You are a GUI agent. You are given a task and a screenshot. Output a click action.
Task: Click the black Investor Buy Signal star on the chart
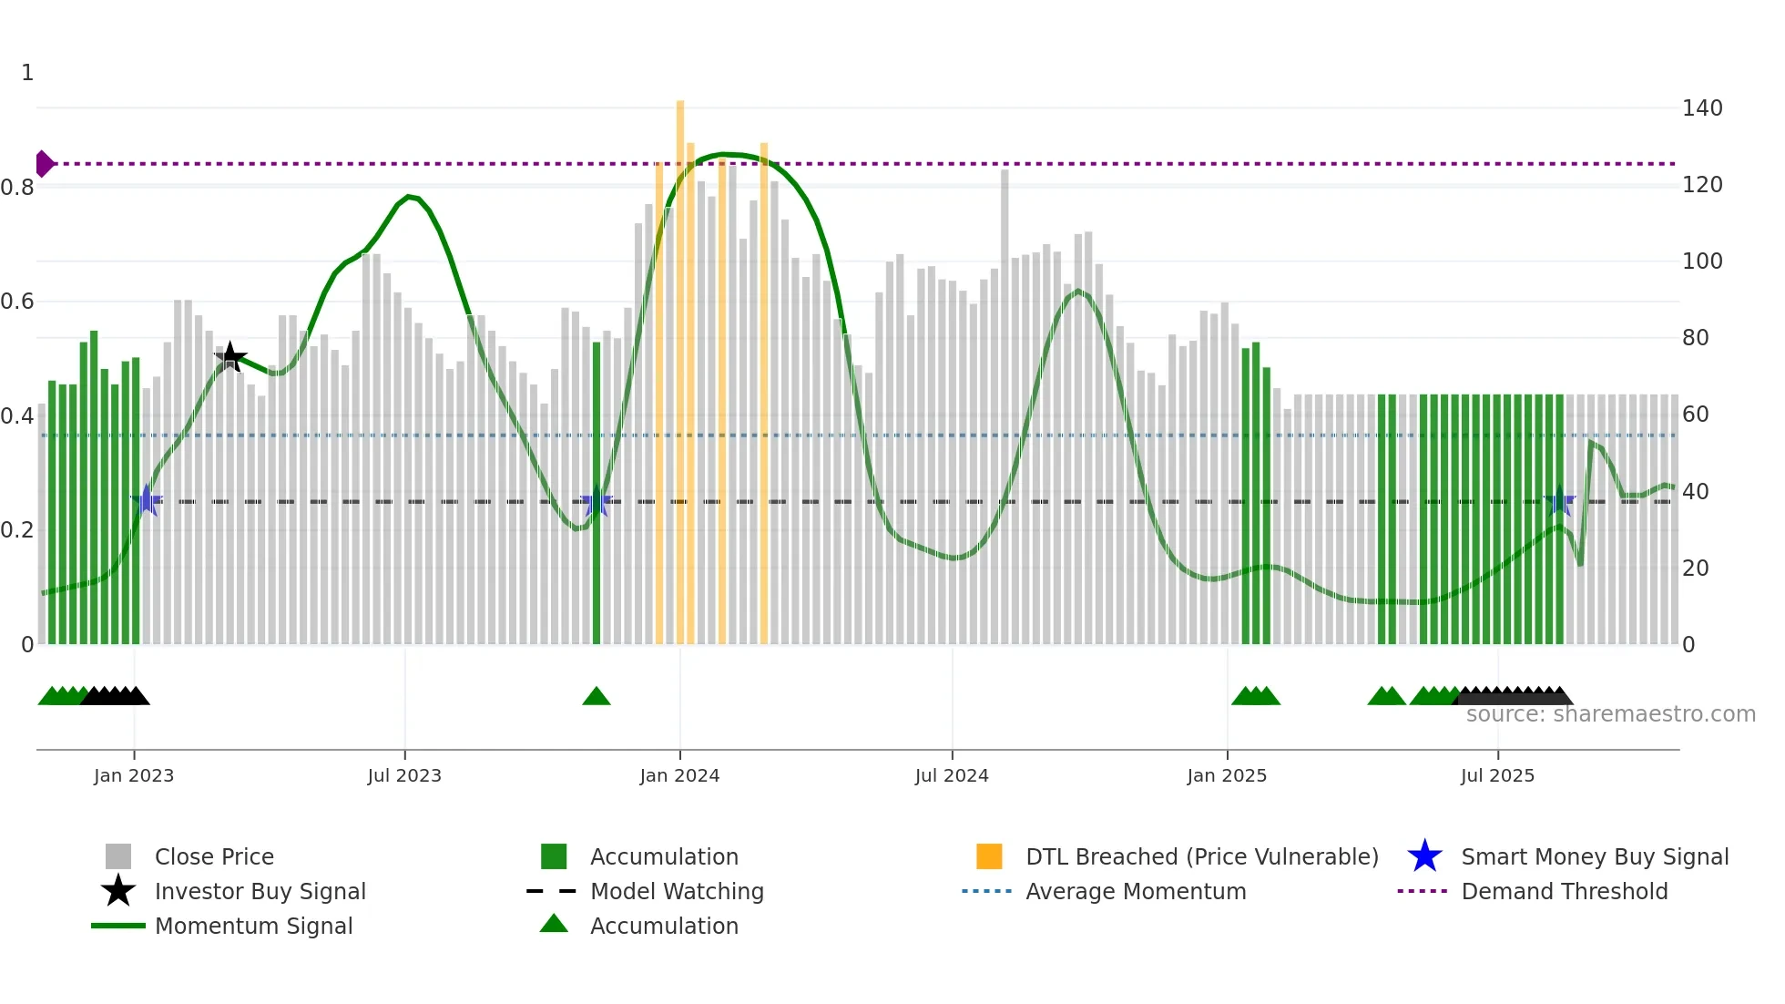click(x=230, y=356)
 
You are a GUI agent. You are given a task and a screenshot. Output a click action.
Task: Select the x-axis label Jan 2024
click(x=679, y=776)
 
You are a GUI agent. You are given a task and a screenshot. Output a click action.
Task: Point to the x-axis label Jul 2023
click(x=404, y=776)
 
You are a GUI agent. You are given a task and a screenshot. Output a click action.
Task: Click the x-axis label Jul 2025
click(x=1497, y=776)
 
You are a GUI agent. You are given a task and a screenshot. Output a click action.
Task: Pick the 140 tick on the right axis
click(x=1701, y=108)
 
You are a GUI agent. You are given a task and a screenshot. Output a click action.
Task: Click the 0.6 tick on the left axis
click(x=18, y=302)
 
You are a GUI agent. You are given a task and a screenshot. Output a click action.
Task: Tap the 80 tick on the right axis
click(x=1695, y=338)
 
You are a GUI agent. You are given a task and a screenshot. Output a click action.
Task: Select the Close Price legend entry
click(x=214, y=857)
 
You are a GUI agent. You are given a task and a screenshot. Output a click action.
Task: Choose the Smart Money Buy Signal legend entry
click(x=1594, y=857)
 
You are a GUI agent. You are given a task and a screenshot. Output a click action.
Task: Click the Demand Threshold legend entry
click(x=1564, y=892)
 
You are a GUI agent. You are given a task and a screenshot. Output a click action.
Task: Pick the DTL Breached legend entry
click(x=1201, y=857)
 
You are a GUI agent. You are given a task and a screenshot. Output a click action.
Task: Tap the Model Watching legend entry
click(x=676, y=892)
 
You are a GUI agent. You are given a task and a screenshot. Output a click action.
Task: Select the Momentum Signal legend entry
click(x=253, y=927)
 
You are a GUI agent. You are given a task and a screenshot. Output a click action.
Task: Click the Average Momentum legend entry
click(x=1135, y=892)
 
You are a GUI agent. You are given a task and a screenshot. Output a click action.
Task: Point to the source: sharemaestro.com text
click(x=1610, y=714)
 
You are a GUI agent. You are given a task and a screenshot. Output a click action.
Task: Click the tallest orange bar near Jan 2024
click(x=680, y=364)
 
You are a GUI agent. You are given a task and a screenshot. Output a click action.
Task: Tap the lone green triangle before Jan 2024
click(x=597, y=697)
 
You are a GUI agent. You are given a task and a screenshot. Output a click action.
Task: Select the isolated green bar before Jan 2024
click(x=597, y=492)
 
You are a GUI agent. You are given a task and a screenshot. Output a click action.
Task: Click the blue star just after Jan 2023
click(x=147, y=500)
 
